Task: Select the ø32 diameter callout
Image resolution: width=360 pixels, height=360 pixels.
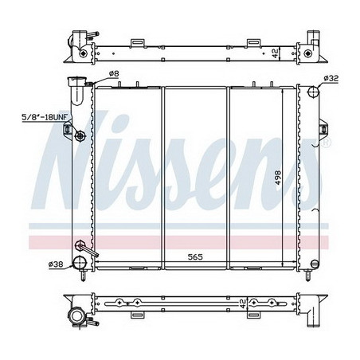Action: click(331, 78)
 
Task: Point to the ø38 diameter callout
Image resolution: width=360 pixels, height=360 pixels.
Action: click(56, 263)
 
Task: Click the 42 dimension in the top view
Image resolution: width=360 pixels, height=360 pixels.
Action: click(275, 53)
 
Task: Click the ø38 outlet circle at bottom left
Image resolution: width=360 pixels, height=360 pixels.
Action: click(79, 262)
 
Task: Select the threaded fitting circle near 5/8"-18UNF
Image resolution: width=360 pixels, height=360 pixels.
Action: click(80, 136)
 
